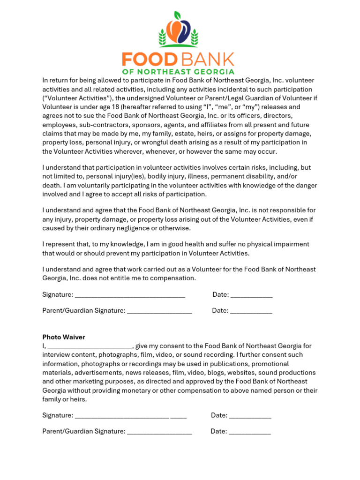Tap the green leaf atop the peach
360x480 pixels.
177,15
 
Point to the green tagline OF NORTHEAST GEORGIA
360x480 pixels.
178,72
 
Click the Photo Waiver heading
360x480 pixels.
64,337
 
